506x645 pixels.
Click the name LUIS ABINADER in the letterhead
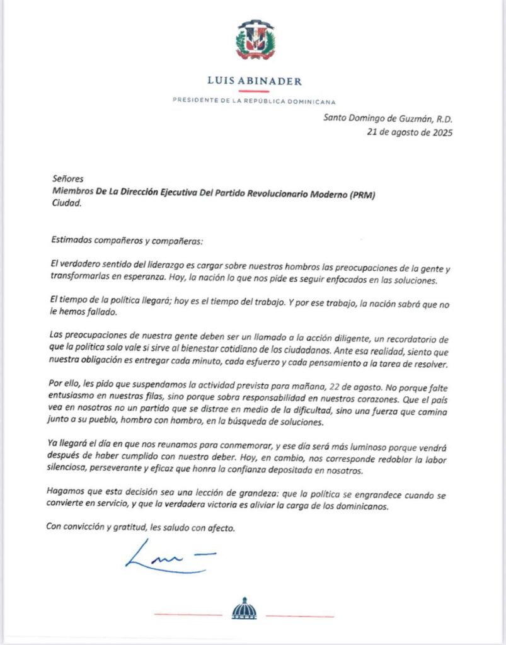point(255,81)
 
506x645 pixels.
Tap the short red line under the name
point(255,91)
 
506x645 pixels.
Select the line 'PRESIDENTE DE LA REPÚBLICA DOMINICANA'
point(255,101)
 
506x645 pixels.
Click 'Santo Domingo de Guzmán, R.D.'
point(388,118)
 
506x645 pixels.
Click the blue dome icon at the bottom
point(244,610)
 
